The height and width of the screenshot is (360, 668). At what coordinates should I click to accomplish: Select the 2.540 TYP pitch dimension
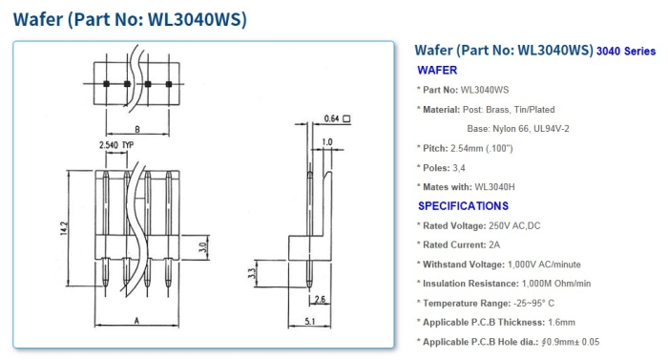click(x=115, y=144)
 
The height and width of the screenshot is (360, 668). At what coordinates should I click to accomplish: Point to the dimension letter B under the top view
click(x=137, y=128)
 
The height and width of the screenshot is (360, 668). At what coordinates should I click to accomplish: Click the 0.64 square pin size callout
click(x=332, y=118)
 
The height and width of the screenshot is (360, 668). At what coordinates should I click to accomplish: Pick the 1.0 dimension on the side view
click(x=328, y=142)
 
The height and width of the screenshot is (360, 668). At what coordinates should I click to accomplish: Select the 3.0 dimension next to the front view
click(x=202, y=246)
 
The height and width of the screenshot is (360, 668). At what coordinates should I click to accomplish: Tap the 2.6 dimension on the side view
click(x=321, y=300)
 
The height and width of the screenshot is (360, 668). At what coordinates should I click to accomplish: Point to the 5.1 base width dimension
click(x=311, y=322)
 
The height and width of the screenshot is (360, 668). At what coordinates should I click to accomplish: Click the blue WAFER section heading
click(x=437, y=70)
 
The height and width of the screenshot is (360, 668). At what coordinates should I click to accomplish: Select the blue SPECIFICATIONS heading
click(x=463, y=205)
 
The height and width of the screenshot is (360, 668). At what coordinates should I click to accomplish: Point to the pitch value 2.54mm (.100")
click(x=491, y=148)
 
